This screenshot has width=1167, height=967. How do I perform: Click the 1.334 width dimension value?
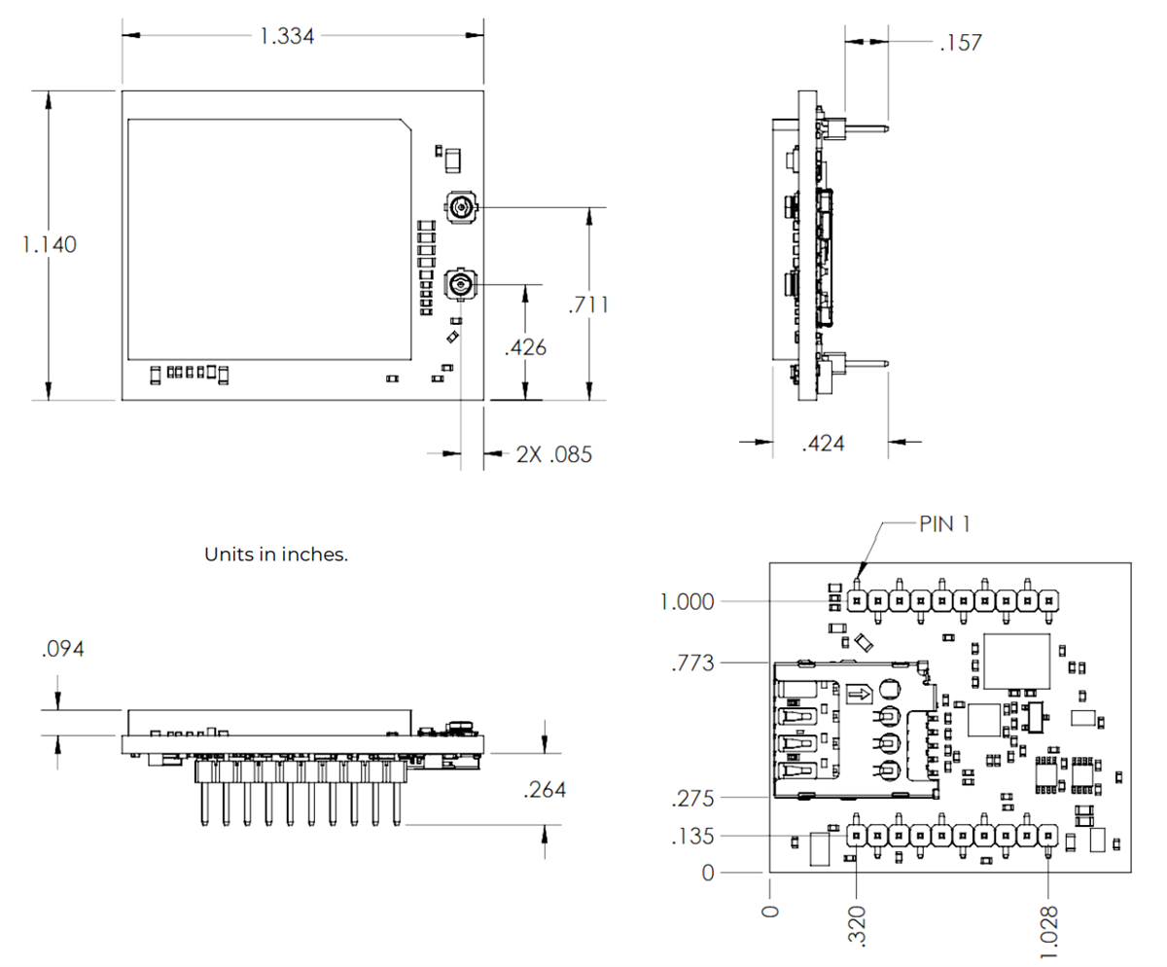(287, 37)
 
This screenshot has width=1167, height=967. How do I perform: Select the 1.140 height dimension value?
(49, 244)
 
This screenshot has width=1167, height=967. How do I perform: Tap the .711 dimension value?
(589, 304)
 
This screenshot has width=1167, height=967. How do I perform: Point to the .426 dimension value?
(526, 347)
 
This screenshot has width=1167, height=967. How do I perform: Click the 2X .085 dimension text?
(553, 454)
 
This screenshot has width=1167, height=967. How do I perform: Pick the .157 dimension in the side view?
(961, 43)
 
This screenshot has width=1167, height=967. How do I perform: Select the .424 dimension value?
(823, 444)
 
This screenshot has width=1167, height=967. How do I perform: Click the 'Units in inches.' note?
(276, 555)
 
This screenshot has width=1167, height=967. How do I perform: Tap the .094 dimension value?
(62, 650)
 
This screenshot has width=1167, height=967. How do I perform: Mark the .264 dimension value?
(545, 790)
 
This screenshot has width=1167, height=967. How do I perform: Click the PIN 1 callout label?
(943, 523)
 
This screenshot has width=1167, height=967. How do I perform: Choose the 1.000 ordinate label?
(688, 602)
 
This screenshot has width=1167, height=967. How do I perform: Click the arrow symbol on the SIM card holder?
(859, 694)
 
